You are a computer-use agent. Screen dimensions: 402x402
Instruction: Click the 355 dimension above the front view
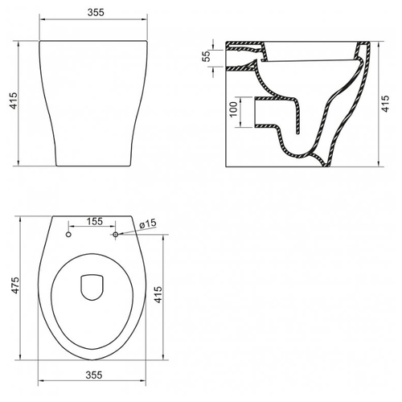tap(96, 12)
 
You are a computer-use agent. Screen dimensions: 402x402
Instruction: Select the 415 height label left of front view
tap(13, 100)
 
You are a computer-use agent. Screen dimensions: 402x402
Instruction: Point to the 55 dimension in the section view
tap(207, 56)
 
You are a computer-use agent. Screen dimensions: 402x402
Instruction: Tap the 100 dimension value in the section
tap(234, 109)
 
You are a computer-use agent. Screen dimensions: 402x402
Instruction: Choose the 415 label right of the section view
tap(385, 104)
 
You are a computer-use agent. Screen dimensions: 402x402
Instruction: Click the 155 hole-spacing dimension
tap(94, 221)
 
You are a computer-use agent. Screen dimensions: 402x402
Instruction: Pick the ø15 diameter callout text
tap(148, 224)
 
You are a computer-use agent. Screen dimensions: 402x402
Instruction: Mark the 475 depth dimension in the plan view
tap(15, 285)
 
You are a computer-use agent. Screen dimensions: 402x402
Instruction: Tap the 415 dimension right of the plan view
tap(158, 294)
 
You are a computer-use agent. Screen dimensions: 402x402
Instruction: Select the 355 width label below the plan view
tap(94, 375)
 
